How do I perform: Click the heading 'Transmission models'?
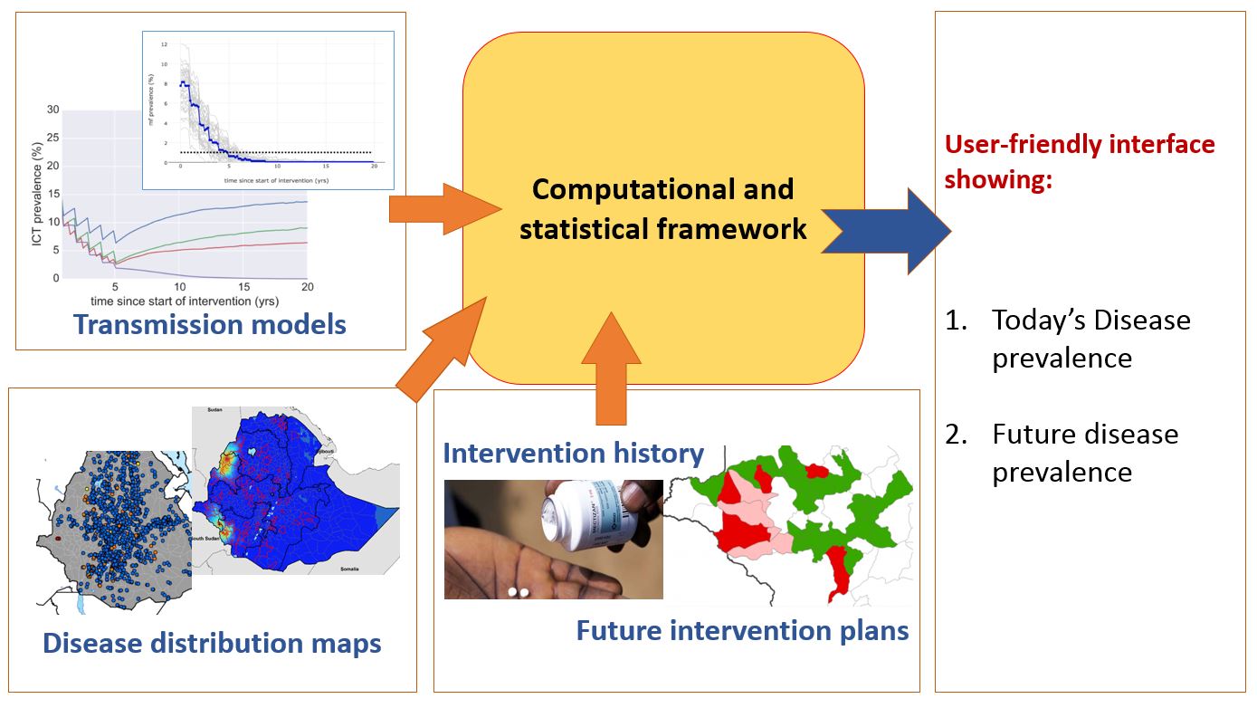point(209,324)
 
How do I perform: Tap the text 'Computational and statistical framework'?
point(662,209)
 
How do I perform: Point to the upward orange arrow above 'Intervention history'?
point(612,369)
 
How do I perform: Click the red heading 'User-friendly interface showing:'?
point(1080,162)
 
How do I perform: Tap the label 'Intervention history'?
point(573,453)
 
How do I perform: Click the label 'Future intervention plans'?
point(742,630)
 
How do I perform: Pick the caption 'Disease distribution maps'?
point(212,644)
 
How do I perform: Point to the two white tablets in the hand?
point(519,592)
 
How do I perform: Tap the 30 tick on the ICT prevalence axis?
point(52,110)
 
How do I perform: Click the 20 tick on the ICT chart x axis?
point(307,287)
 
